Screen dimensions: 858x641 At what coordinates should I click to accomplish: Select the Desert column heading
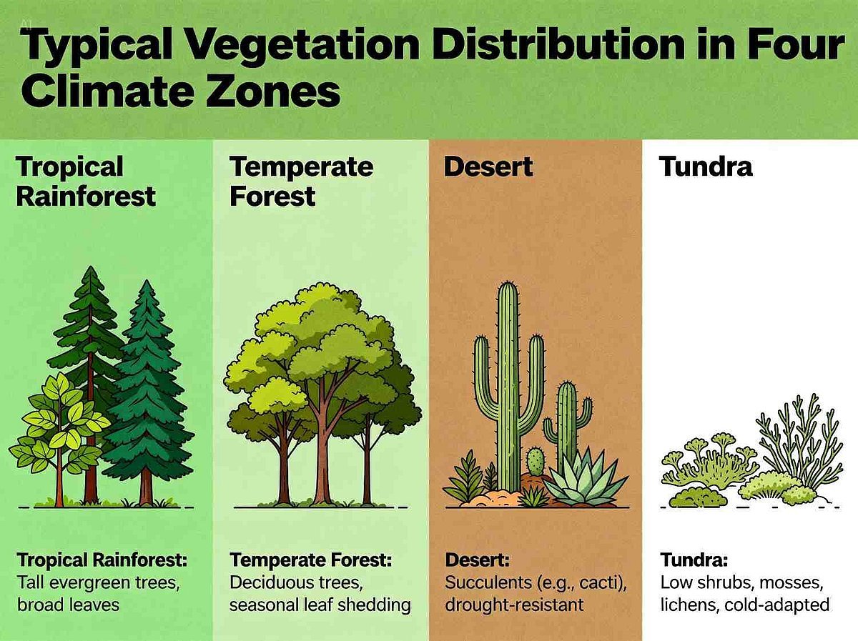488,167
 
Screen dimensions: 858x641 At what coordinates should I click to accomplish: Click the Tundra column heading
706,167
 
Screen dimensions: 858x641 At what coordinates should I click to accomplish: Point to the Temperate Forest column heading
302,182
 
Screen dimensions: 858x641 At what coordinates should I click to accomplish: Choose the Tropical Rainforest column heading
86,182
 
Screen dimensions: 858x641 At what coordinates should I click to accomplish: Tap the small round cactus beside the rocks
535,462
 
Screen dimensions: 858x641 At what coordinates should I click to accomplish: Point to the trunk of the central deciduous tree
322,449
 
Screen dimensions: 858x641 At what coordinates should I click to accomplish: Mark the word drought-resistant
514,606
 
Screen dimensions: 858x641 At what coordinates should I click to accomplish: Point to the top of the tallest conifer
91,267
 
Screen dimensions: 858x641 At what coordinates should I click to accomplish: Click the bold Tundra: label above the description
694,560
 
